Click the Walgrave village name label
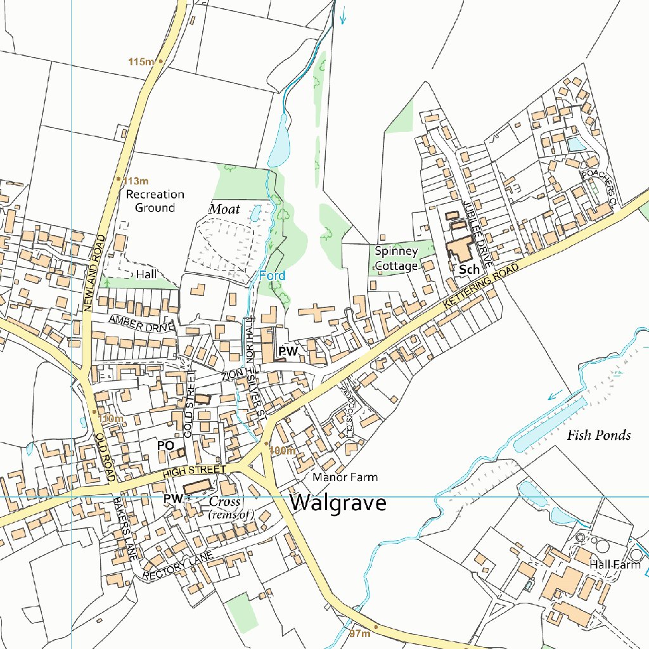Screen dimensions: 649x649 [x=338, y=503]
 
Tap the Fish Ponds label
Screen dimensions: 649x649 [x=598, y=435]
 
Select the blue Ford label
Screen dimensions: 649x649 [x=272, y=276]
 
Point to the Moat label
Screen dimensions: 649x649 [x=224, y=209]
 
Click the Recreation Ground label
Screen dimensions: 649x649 [x=155, y=201]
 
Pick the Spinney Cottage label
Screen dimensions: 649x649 [x=396, y=259]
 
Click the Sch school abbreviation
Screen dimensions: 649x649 [x=469, y=269]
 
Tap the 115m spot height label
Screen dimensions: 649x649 [x=141, y=61]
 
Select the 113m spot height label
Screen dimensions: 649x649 [x=136, y=180]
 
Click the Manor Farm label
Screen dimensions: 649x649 [x=345, y=477]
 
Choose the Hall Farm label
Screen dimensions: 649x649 [x=615, y=564]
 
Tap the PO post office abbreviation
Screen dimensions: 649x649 [x=165, y=446]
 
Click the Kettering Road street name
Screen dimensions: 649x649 [x=481, y=287]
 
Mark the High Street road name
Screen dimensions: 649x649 [x=193, y=470]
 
